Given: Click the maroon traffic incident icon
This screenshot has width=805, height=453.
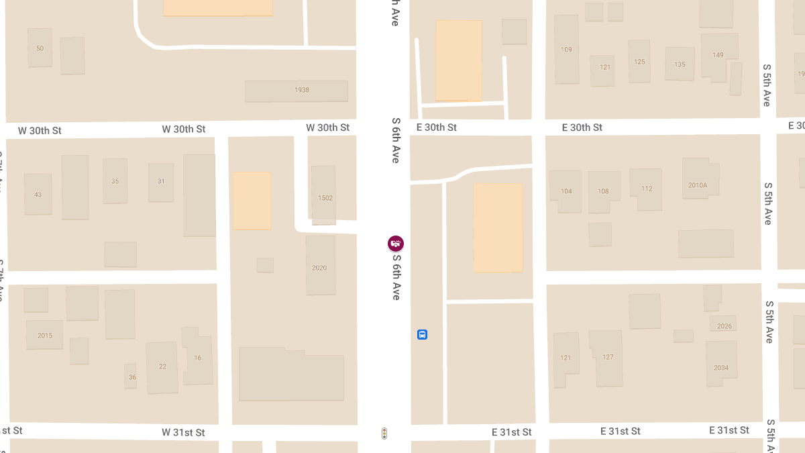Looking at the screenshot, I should tap(396, 243).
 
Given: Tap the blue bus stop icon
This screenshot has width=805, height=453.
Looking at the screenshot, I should tap(422, 334).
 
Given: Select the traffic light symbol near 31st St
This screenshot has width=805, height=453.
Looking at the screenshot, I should tap(384, 434).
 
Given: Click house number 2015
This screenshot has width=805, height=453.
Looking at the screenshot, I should tap(44, 335).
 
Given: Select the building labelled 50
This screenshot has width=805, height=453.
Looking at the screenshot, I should tap(40, 48).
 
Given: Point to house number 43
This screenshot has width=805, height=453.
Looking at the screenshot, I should tap(38, 194).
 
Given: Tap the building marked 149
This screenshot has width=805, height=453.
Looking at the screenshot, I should tap(718, 56).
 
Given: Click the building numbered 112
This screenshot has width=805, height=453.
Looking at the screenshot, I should tap(646, 189).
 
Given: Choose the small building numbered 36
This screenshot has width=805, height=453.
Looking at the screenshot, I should tap(131, 376).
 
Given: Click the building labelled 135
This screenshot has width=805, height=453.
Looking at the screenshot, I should tap(680, 64).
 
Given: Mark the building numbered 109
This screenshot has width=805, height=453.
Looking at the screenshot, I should tap(566, 50).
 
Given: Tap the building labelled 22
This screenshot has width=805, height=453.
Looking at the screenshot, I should tap(162, 366).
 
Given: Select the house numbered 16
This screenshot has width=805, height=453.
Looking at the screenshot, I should tap(198, 358).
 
